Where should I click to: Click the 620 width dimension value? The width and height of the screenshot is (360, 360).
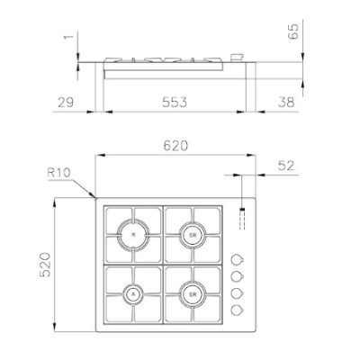coord(175,146)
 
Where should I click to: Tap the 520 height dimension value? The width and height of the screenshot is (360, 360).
coord(45,265)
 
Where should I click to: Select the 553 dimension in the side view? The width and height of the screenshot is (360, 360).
coord(175,103)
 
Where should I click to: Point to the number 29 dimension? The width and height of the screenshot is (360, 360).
coord(66,103)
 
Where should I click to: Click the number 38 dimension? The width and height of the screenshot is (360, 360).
coord(286,103)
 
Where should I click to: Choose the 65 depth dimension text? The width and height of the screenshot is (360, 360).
coord(293,31)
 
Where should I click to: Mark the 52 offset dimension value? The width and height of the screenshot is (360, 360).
coord(286,166)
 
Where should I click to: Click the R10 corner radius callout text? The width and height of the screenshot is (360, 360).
coord(58,173)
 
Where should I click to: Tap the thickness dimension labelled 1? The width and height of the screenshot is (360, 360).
coord(68,37)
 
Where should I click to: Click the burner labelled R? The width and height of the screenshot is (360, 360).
coord(133,235)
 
